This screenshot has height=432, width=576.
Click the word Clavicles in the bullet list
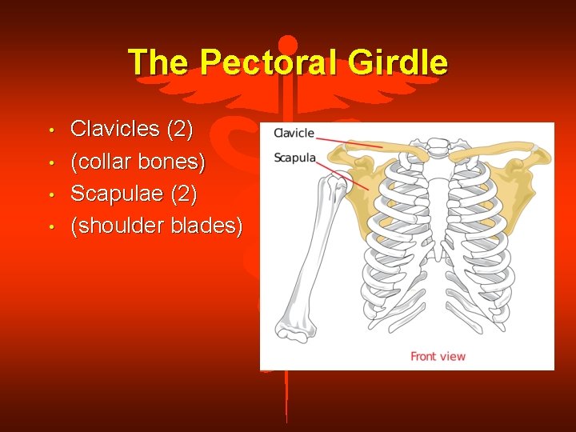115,128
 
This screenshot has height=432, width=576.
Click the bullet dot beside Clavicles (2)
50,130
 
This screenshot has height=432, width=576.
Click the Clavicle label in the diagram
294,134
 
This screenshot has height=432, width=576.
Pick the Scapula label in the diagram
294,158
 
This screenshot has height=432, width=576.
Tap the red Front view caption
438,356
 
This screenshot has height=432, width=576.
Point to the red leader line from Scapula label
344,174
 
